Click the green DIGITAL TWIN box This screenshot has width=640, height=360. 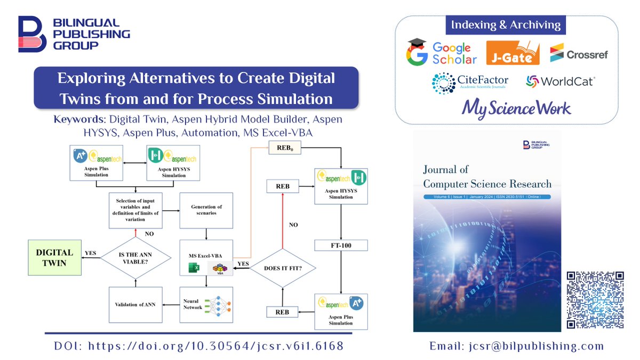[54, 257]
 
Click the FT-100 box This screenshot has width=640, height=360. [340, 246]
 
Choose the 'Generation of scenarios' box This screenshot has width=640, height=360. [205, 210]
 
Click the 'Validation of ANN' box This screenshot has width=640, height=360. [135, 305]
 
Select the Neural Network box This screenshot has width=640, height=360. [205, 305]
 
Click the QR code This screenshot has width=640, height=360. [595, 299]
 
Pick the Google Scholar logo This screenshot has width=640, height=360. [442, 52]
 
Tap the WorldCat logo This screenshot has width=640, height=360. [560, 82]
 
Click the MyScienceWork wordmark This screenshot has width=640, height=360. [517, 108]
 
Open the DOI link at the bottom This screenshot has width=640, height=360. [199, 346]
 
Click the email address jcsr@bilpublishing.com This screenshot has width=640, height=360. [517, 346]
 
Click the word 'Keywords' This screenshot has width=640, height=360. [77, 119]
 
